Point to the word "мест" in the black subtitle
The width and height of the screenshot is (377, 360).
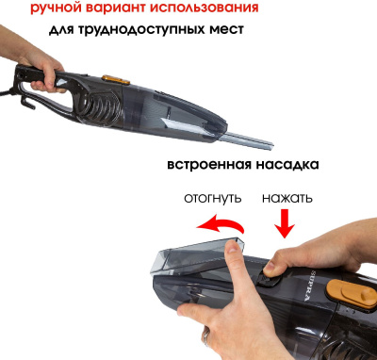click(223, 29)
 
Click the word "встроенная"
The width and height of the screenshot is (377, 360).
click(208, 164)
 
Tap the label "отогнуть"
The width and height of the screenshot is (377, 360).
click(211, 199)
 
